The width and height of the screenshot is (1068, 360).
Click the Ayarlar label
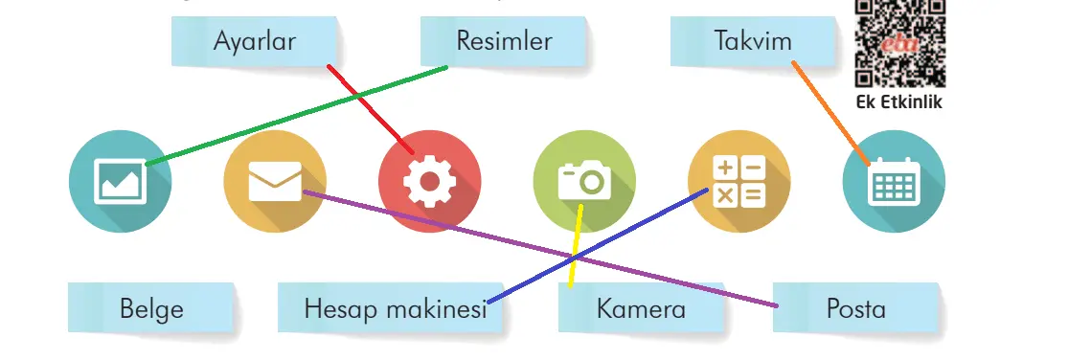point(254,42)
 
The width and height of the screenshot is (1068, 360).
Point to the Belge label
point(151,309)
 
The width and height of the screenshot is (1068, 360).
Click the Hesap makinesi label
point(395,309)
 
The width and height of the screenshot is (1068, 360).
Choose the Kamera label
point(641,309)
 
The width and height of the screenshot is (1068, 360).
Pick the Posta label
point(856,309)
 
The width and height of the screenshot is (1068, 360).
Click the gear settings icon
point(429,182)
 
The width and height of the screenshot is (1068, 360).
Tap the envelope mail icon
point(275,182)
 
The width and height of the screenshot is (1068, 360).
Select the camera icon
point(584,182)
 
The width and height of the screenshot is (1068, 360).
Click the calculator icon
point(739,182)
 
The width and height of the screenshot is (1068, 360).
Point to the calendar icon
point(894,182)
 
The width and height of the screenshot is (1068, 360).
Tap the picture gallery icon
point(121,182)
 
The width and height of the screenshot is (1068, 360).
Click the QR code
point(898,43)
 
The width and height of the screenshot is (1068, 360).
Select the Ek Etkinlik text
point(899,101)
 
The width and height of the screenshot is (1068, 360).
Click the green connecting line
point(297,116)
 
